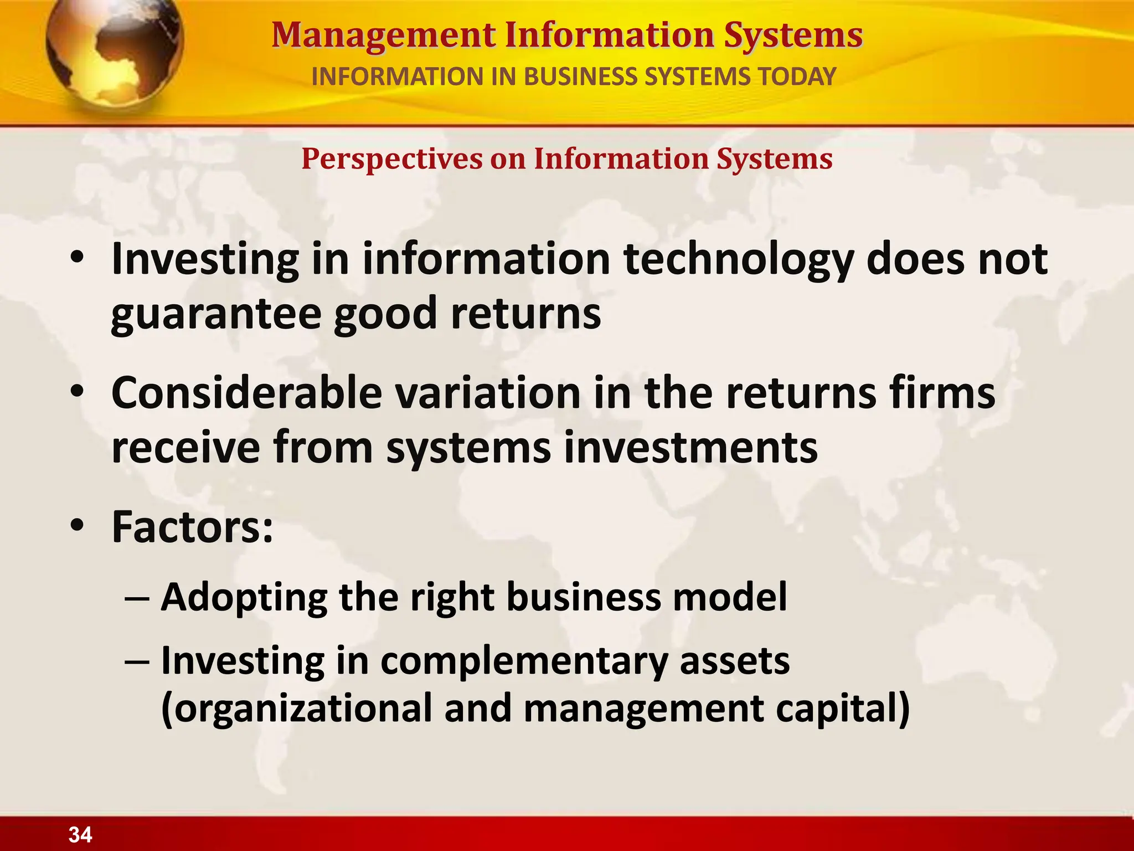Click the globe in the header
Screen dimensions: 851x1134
[x=114, y=53]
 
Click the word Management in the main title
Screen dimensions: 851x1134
[x=383, y=35]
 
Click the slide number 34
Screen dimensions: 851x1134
[x=80, y=834]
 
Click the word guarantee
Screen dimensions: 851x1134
[x=216, y=314]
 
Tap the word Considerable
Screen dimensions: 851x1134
[x=247, y=393]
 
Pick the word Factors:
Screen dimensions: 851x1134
[x=192, y=527]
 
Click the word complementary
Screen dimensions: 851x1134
[x=523, y=662]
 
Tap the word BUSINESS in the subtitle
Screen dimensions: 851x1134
[x=581, y=76]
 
